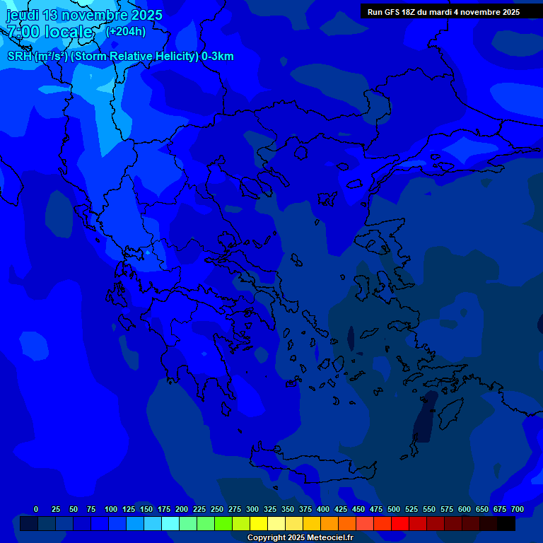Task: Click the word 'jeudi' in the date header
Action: pos(23,15)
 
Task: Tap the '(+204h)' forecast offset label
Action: pos(125,31)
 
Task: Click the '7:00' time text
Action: pos(25,32)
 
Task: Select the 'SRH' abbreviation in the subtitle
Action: pos(19,57)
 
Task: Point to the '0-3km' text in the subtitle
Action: pos(218,57)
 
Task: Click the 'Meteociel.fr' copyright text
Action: pos(327,538)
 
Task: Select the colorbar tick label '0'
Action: pos(36,509)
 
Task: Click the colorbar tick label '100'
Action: pos(111,509)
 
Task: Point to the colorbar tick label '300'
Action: pos(252,509)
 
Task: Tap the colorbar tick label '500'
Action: pos(394,509)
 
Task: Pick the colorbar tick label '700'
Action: pos(518,509)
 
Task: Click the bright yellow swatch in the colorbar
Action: pos(259,524)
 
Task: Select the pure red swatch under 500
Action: pos(400,524)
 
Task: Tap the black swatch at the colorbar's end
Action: pos(506,524)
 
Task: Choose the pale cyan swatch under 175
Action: pos(170,524)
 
